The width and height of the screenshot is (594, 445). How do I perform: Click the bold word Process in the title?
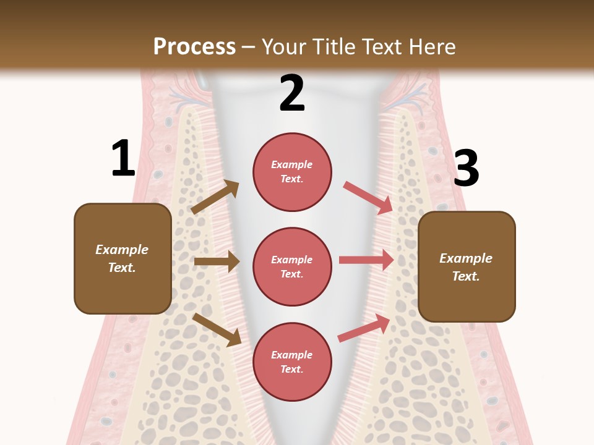pos(194,47)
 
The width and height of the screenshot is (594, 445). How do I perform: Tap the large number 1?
pos(123,158)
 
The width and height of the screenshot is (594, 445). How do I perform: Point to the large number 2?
pos(292,93)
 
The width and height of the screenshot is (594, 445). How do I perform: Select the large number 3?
pos(467,169)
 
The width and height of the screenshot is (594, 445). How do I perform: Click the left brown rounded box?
pos(123,258)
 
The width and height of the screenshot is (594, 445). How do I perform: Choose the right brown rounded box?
pos(467,266)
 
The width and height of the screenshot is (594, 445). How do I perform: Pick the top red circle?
pos(292,172)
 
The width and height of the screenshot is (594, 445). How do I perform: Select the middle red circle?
pos(292,266)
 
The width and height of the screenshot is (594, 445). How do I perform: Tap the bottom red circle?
pos(292,362)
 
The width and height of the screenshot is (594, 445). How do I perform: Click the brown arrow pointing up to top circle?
pos(215,197)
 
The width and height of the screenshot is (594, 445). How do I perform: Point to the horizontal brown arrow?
pos(217,261)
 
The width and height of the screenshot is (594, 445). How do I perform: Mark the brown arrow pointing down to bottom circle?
pos(217,329)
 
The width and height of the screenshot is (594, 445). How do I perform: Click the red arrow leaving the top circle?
pos(368,197)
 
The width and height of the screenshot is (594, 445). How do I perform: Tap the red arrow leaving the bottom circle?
pos(364,328)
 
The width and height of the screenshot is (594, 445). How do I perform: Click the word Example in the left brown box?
pos(122,250)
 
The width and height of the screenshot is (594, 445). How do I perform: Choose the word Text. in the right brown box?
pos(466,276)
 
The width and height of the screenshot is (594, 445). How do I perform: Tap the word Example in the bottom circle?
pos(292,355)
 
